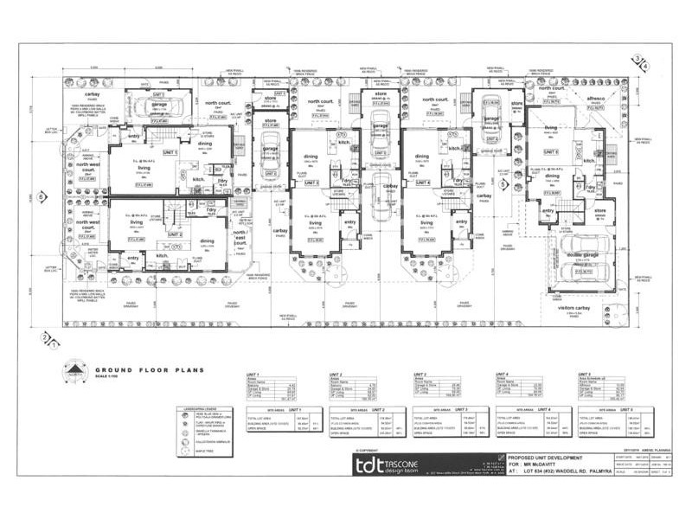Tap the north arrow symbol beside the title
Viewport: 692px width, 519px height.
77,373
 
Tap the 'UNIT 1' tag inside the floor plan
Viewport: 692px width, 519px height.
170,152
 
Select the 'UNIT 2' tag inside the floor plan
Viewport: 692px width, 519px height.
175,234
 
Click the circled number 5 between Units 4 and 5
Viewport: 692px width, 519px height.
503,183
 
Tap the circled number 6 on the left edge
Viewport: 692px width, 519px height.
41,197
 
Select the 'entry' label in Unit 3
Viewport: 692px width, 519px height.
349,222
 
